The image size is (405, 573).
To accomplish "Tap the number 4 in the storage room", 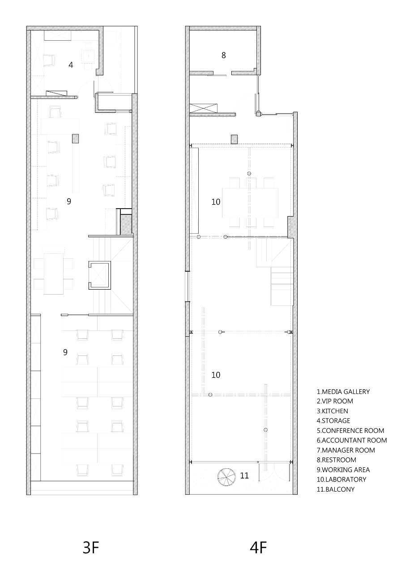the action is coord(71,65).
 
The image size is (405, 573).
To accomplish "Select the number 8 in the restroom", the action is coord(224,55).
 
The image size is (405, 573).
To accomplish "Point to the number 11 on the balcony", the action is coord(244,475).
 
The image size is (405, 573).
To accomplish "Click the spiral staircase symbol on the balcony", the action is coord(226,477).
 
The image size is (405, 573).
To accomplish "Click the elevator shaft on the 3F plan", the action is coord(100,275).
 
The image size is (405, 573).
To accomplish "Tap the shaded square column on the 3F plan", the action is coord(75,139).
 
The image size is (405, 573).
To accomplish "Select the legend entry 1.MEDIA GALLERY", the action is coord(343,392).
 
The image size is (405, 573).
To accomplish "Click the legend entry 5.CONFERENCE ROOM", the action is coord(350,431).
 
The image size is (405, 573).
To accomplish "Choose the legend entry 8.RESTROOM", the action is coord(336,460).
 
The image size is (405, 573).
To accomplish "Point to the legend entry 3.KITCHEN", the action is coord(333,411).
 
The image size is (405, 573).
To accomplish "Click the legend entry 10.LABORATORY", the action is coord(341,479).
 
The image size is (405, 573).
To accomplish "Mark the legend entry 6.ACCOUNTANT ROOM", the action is coord(352,440).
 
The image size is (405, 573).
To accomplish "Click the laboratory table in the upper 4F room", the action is coord(250,203).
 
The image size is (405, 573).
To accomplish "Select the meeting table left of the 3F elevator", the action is coord(53,274).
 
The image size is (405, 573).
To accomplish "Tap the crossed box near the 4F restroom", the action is coord(203,108).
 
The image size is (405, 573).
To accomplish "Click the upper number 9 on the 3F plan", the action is coord(69,201).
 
